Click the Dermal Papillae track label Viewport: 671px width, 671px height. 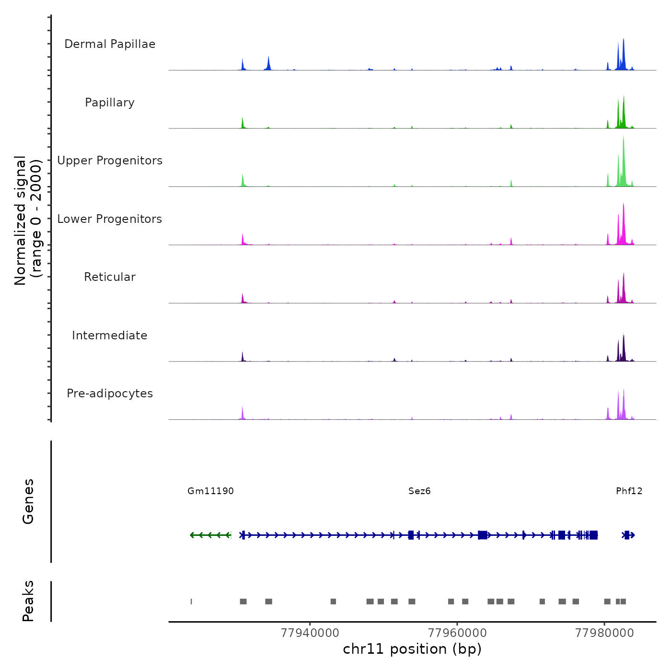click(x=110, y=44)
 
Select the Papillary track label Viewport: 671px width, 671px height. click(x=110, y=103)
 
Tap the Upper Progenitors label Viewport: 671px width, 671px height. click(x=110, y=161)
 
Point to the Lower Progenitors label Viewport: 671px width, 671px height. click(x=110, y=219)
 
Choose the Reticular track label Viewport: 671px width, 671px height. click(x=110, y=277)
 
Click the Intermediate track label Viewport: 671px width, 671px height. click(x=110, y=335)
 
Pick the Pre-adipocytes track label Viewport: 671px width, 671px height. click(x=110, y=393)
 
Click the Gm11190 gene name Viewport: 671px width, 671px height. click(x=210, y=491)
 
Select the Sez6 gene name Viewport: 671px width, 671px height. click(x=419, y=491)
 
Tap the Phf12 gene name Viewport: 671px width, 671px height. click(x=629, y=491)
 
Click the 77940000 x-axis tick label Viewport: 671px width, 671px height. click(x=310, y=633)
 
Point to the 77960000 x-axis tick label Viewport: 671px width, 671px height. click(x=457, y=633)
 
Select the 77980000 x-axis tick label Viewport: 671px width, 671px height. click(x=604, y=633)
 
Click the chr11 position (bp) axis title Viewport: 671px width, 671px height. click(x=412, y=649)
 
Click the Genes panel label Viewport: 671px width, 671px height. click(x=28, y=501)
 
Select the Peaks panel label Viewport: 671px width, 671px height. click(x=28, y=601)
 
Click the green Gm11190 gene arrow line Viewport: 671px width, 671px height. click(x=210, y=535)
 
